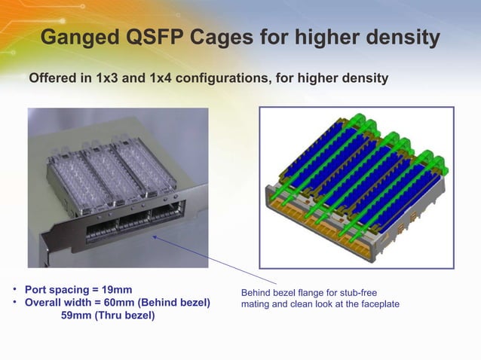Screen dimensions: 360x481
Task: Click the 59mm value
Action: (75, 316)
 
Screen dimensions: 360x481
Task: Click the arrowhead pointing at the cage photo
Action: (155, 236)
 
